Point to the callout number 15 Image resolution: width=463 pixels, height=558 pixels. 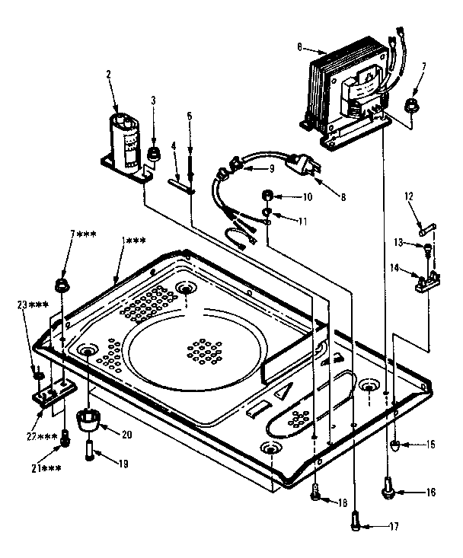[431, 443]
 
